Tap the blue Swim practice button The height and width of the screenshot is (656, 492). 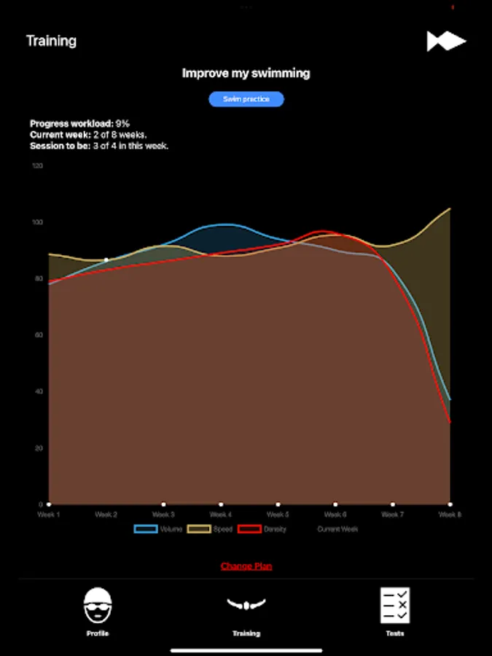click(246, 99)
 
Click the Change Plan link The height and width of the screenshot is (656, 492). click(246, 566)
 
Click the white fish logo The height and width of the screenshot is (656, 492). click(446, 42)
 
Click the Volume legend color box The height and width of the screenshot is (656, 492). click(146, 529)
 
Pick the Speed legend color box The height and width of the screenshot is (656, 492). click(199, 529)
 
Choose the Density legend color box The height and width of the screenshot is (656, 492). click(250, 529)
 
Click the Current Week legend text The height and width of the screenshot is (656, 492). click(337, 529)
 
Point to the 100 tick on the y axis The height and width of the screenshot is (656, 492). click(37, 222)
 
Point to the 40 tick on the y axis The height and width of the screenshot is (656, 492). click(39, 391)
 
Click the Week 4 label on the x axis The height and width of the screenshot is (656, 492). click(220, 515)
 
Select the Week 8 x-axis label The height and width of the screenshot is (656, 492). click(449, 515)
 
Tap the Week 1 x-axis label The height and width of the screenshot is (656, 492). click(49, 515)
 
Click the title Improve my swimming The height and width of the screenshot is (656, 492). click(246, 73)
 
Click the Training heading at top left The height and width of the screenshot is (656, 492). click(51, 41)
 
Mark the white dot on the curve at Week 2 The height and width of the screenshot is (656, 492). click(106, 259)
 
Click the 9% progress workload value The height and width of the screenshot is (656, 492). click(122, 124)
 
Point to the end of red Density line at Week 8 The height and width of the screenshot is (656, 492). click(450, 422)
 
